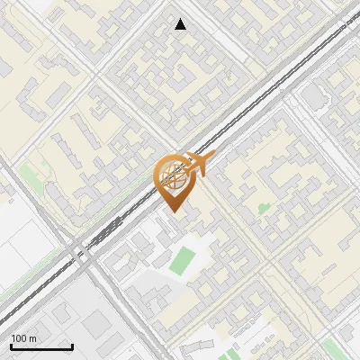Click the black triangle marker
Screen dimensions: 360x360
181,24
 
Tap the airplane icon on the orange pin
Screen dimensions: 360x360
198,164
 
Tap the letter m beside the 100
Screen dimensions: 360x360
33,338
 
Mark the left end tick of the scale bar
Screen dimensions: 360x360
12,346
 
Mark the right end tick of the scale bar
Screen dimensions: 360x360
72,346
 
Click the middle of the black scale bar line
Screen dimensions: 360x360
41,347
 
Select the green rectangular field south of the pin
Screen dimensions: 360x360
184,260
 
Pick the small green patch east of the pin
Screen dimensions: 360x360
263,209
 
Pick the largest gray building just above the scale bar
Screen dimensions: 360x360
63,314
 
